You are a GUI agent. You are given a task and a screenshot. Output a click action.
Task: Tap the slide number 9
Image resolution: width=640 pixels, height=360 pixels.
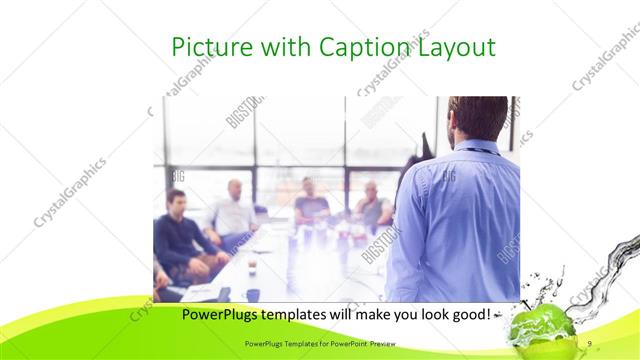click(x=590, y=343)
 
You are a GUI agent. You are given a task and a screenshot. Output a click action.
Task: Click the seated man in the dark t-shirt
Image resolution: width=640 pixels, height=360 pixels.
click(x=311, y=203)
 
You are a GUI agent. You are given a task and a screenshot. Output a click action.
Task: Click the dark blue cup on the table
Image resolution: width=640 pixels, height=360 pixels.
click(x=253, y=295)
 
